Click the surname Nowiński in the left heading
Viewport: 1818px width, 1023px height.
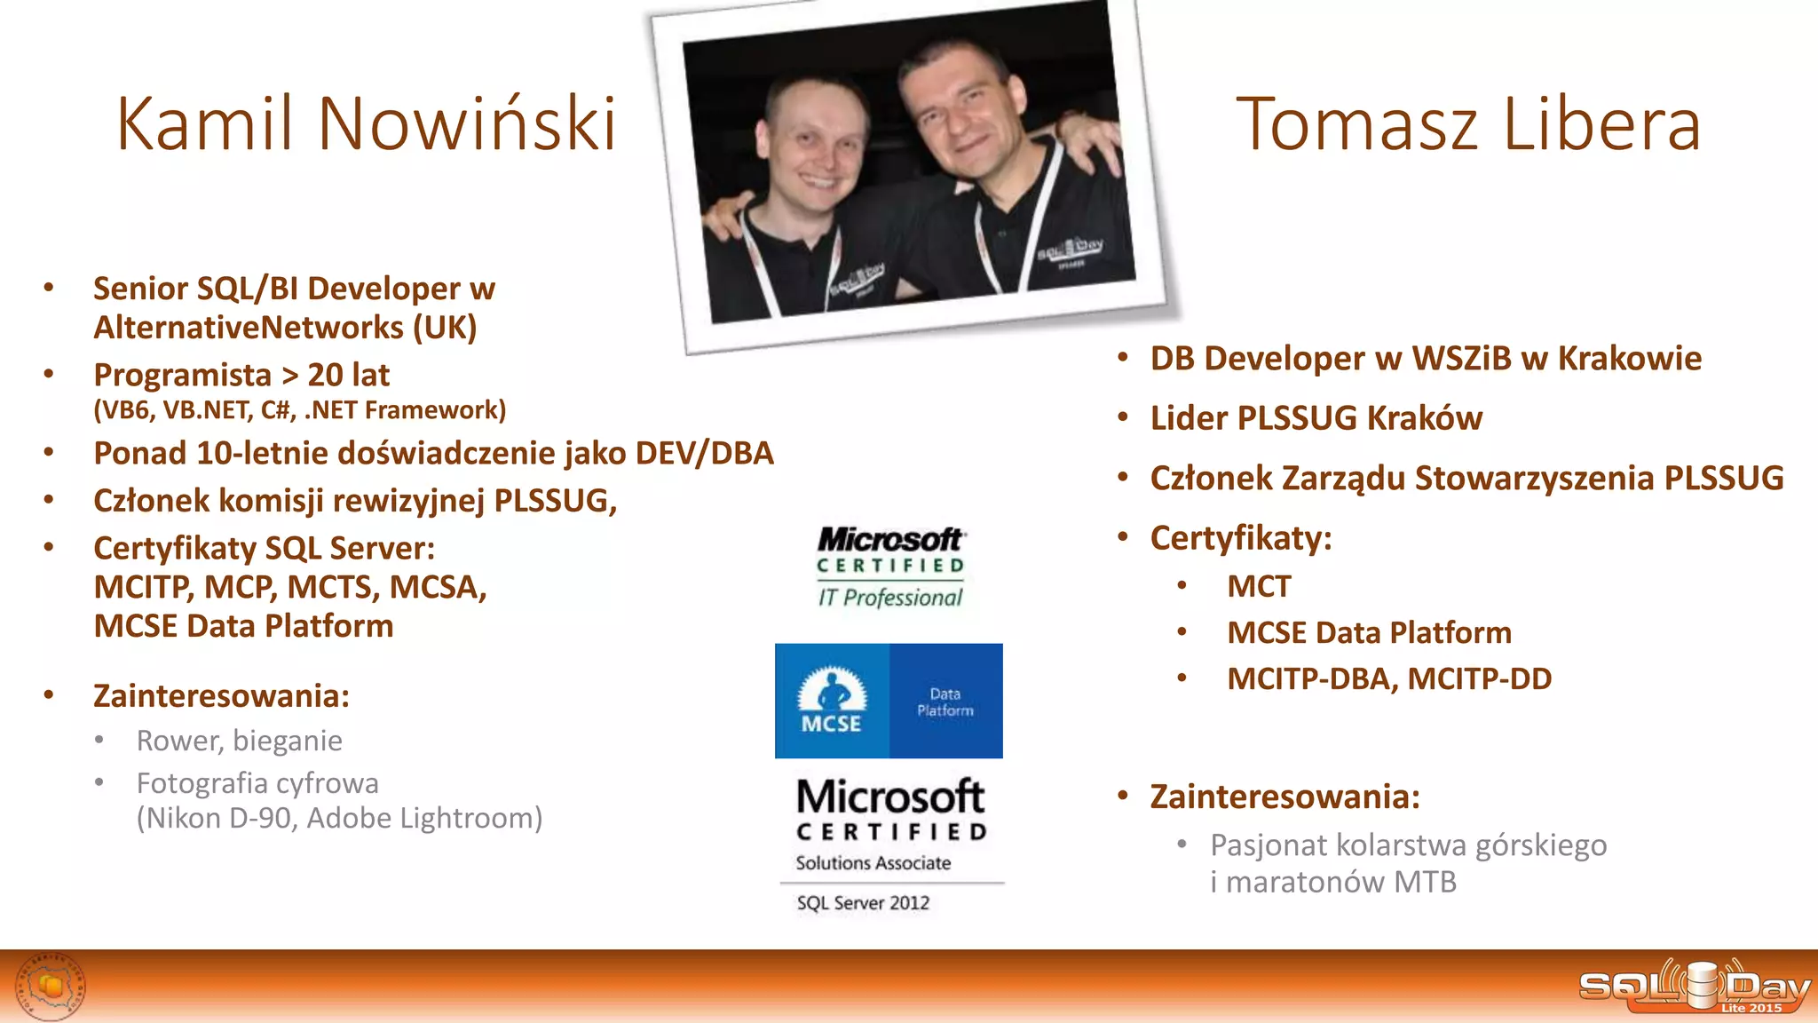(467, 123)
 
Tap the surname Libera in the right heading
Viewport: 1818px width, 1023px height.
(1601, 123)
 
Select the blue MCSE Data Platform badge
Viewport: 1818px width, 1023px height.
(889, 701)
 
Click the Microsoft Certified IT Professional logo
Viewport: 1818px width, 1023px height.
(890, 567)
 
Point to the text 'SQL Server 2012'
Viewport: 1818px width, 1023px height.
(863, 903)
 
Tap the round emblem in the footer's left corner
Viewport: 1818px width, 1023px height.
(51, 986)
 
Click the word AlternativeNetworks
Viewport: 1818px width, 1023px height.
(249, 328)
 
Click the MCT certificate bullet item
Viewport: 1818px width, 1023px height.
(1259, 586)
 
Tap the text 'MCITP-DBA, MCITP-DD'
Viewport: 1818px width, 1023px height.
(1389, 678)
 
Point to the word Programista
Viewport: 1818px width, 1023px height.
(182, 375)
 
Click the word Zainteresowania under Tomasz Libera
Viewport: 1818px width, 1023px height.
(1284, 797)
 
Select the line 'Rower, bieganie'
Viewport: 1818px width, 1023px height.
(239, 741)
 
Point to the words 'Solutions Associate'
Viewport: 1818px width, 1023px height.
(873, 863)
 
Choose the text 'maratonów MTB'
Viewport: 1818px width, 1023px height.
(1340, 882)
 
